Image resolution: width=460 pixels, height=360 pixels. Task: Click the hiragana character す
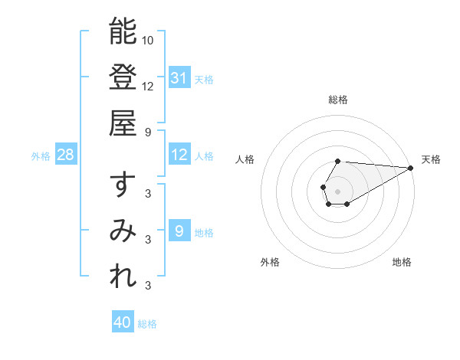123,185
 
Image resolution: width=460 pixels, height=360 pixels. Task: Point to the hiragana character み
123,231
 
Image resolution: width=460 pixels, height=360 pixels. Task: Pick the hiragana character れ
123,277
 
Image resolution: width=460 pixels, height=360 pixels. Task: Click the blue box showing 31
179,77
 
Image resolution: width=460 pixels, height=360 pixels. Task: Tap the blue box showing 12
179,155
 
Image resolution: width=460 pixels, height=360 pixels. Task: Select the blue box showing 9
179,231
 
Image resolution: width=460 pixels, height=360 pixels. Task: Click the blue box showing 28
66,155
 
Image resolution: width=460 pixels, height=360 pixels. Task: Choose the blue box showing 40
123,322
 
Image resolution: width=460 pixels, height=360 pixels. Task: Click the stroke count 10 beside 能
148,40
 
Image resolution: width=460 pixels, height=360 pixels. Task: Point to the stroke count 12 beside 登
148,86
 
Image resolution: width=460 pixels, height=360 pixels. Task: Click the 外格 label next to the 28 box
41,155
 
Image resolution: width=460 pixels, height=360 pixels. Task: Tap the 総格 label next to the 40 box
147,324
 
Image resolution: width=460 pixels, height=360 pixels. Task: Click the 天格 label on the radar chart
431,159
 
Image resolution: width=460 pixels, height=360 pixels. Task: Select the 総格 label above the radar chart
338,100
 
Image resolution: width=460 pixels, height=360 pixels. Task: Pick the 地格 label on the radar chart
402,262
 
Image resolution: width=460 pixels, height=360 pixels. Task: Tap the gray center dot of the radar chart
338,191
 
